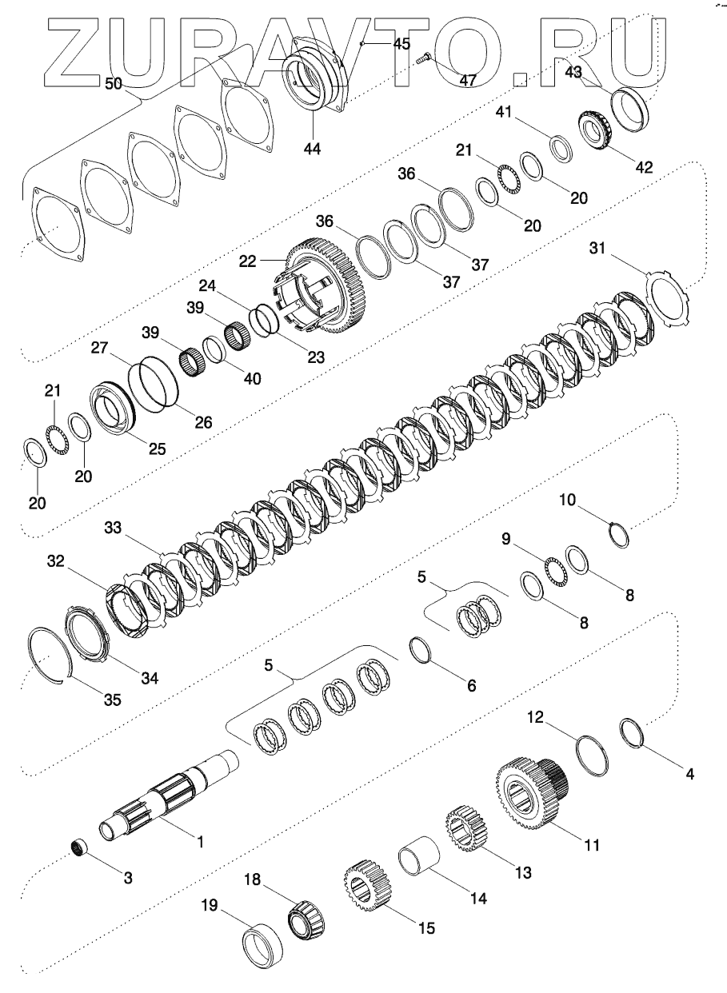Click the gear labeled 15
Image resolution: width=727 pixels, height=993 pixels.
(367, 887)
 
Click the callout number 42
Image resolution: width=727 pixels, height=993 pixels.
(644, 168)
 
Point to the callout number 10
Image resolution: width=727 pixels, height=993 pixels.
(566, 500)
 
